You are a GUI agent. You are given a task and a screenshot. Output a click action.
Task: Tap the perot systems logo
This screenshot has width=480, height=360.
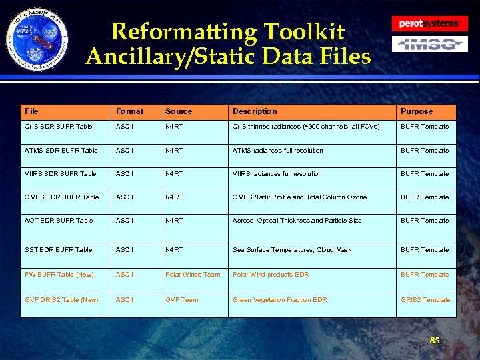[429, 23]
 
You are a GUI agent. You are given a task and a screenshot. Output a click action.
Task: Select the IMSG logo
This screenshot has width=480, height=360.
[429, 45]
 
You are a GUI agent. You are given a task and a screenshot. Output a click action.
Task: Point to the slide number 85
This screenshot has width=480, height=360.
[434, 341]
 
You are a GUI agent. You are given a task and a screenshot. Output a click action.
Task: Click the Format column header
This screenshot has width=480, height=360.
[129, 111]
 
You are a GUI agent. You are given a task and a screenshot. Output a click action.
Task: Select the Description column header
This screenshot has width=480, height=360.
[254, 111]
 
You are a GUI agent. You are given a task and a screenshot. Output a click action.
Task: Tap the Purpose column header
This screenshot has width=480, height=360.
[417, 111]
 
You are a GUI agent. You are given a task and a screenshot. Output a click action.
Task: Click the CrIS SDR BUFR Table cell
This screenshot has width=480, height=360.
[58, 127]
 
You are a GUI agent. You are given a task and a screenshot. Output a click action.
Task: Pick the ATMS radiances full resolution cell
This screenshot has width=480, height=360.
[277, 151]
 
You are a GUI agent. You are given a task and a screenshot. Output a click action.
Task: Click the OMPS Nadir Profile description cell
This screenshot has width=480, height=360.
[299, 197]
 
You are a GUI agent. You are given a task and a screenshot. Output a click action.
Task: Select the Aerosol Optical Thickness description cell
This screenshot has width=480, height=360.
[297, 221]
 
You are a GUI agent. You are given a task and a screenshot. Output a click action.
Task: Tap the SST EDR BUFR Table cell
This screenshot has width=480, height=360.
[58, 250]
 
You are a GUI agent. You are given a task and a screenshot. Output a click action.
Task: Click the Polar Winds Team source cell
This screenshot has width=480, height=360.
[193, 275]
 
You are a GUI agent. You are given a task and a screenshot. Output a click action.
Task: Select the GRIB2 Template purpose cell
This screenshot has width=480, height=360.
[425, 300]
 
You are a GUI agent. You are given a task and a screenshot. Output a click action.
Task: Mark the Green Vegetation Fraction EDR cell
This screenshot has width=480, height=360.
[279, 300]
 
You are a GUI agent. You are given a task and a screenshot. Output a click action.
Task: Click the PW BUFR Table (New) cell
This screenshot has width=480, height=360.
[59, 275]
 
